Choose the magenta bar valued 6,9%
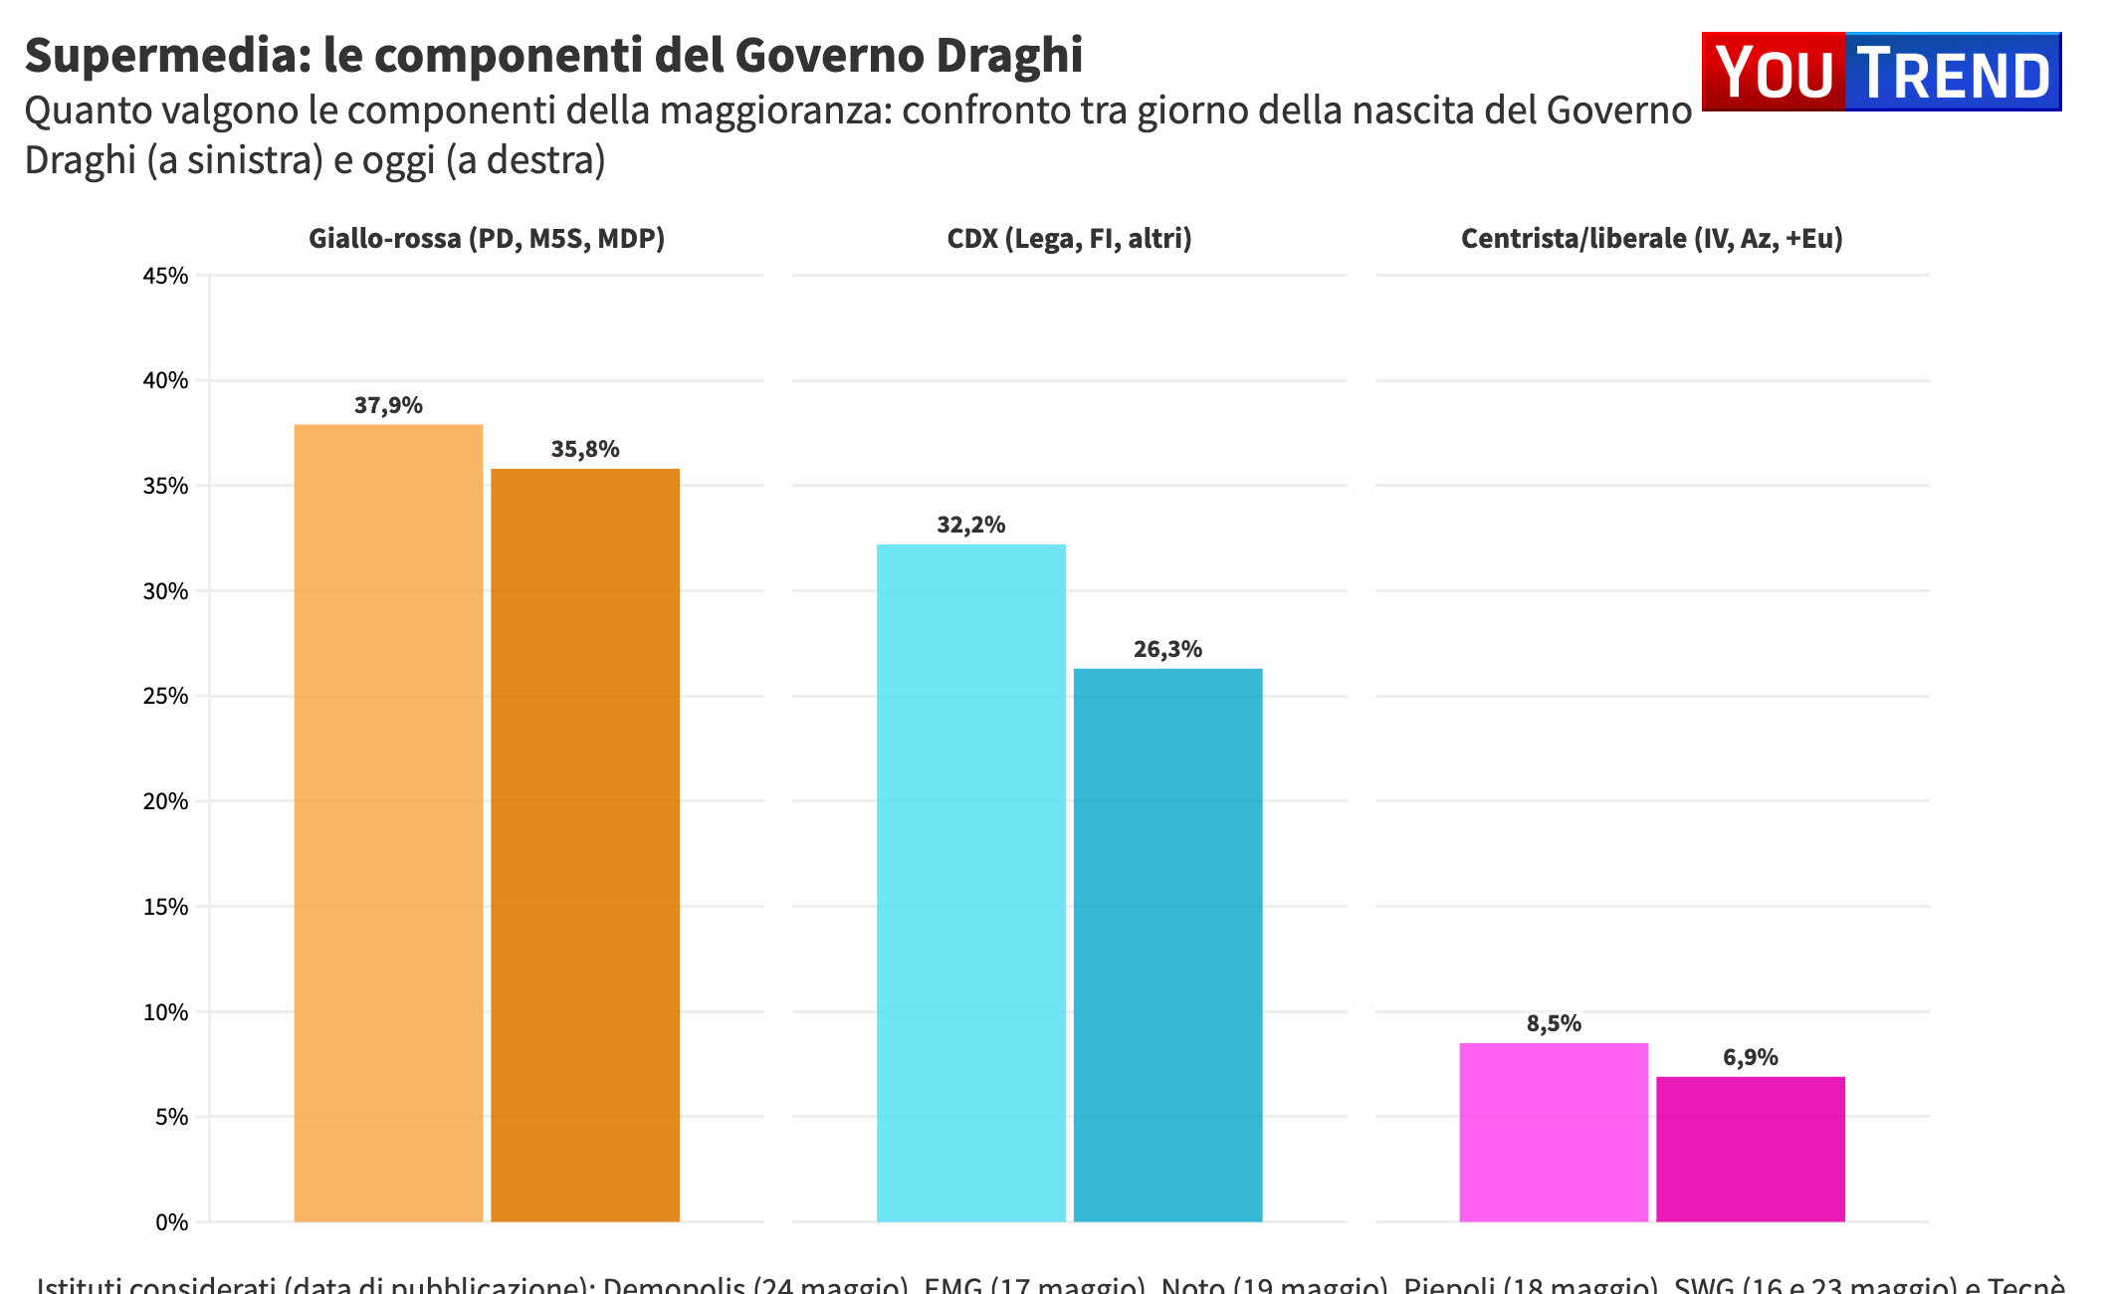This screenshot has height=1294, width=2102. (1751, 1149)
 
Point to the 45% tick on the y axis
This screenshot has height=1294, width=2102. (166, 276)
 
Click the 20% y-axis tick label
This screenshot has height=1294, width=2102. (166, 801)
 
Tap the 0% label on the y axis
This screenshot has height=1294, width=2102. (171, 1222)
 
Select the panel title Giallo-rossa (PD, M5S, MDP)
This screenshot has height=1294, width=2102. (487, 239)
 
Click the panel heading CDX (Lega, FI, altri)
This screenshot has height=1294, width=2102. (1069, 239)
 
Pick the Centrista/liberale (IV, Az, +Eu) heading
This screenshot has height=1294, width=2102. (1651, 239)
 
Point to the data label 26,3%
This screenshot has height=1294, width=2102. (1167, 650)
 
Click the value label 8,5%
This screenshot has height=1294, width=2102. (1554, 1024)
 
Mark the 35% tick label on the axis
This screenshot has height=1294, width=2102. (166, 486)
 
